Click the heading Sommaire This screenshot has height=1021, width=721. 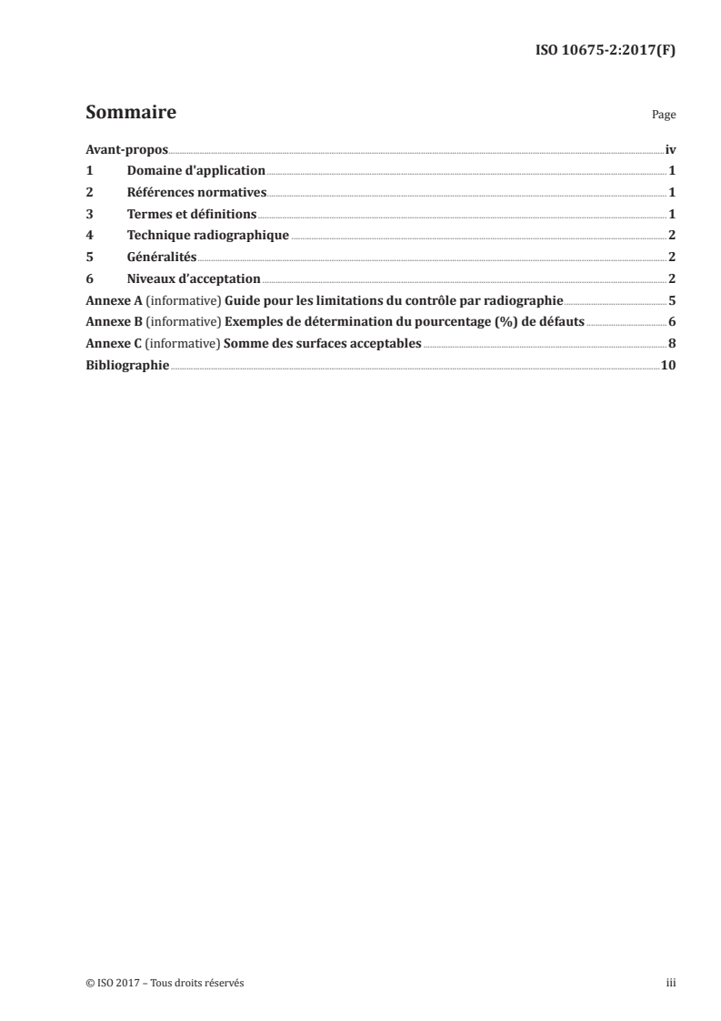pyautogui.click(x=130, y=114)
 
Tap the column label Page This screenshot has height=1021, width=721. pyautogui.click(x=664, y=116)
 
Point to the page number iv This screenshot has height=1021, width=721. pyautogui.click(x=670, y=148)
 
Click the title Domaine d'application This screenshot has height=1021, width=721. pyautogui.click(x=196, y=170)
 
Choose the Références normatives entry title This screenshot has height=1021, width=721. pyautogui.click(x=196, y=192)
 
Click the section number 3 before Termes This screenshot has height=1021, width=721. pyautogui.click(x=89, y=214)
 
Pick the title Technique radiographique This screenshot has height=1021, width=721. pyautogui.click(x=208, y=236)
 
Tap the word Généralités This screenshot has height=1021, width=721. pyautogui.click(x=162, y=258)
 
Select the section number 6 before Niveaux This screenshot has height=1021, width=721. pyautogui.click(x=89, y=278)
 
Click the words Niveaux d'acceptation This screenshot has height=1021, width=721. pyautogui.click(x=194, y=278)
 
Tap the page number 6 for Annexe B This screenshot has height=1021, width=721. pyautogui.click(x=671, y=322)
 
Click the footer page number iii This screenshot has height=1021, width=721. pyautogui.click(x=671, y=983)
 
